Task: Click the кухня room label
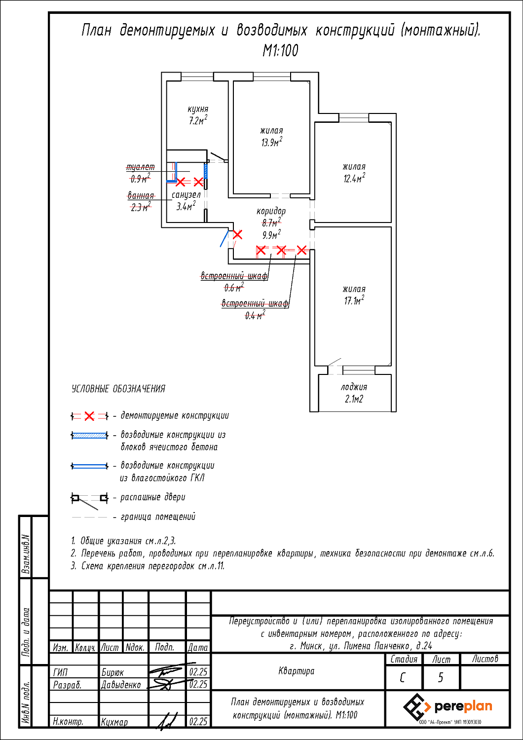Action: coord(198,110)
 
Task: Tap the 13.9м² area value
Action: coord(271,143)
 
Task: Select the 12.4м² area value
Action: coord(354,179)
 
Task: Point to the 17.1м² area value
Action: coord(354,300)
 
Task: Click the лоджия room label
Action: coord(354,387)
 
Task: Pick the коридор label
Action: coord(271,211)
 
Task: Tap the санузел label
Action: coord(186,195)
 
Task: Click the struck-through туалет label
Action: coord(141,168)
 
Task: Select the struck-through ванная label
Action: coord(141,196)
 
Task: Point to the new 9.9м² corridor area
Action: coord(271,235)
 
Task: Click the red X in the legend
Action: coord(89,416)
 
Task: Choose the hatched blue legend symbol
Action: coord(89,436)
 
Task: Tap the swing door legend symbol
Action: coord(89,499)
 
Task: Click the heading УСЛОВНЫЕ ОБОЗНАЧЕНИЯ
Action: coord(118,389)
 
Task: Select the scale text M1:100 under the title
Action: coord(280,50)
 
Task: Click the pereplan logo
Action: coord(448,706)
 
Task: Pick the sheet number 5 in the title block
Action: coord(441,678)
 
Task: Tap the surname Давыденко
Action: coord(121,685)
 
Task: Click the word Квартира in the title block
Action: coord(296,671)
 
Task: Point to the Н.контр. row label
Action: coord(68,721)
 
